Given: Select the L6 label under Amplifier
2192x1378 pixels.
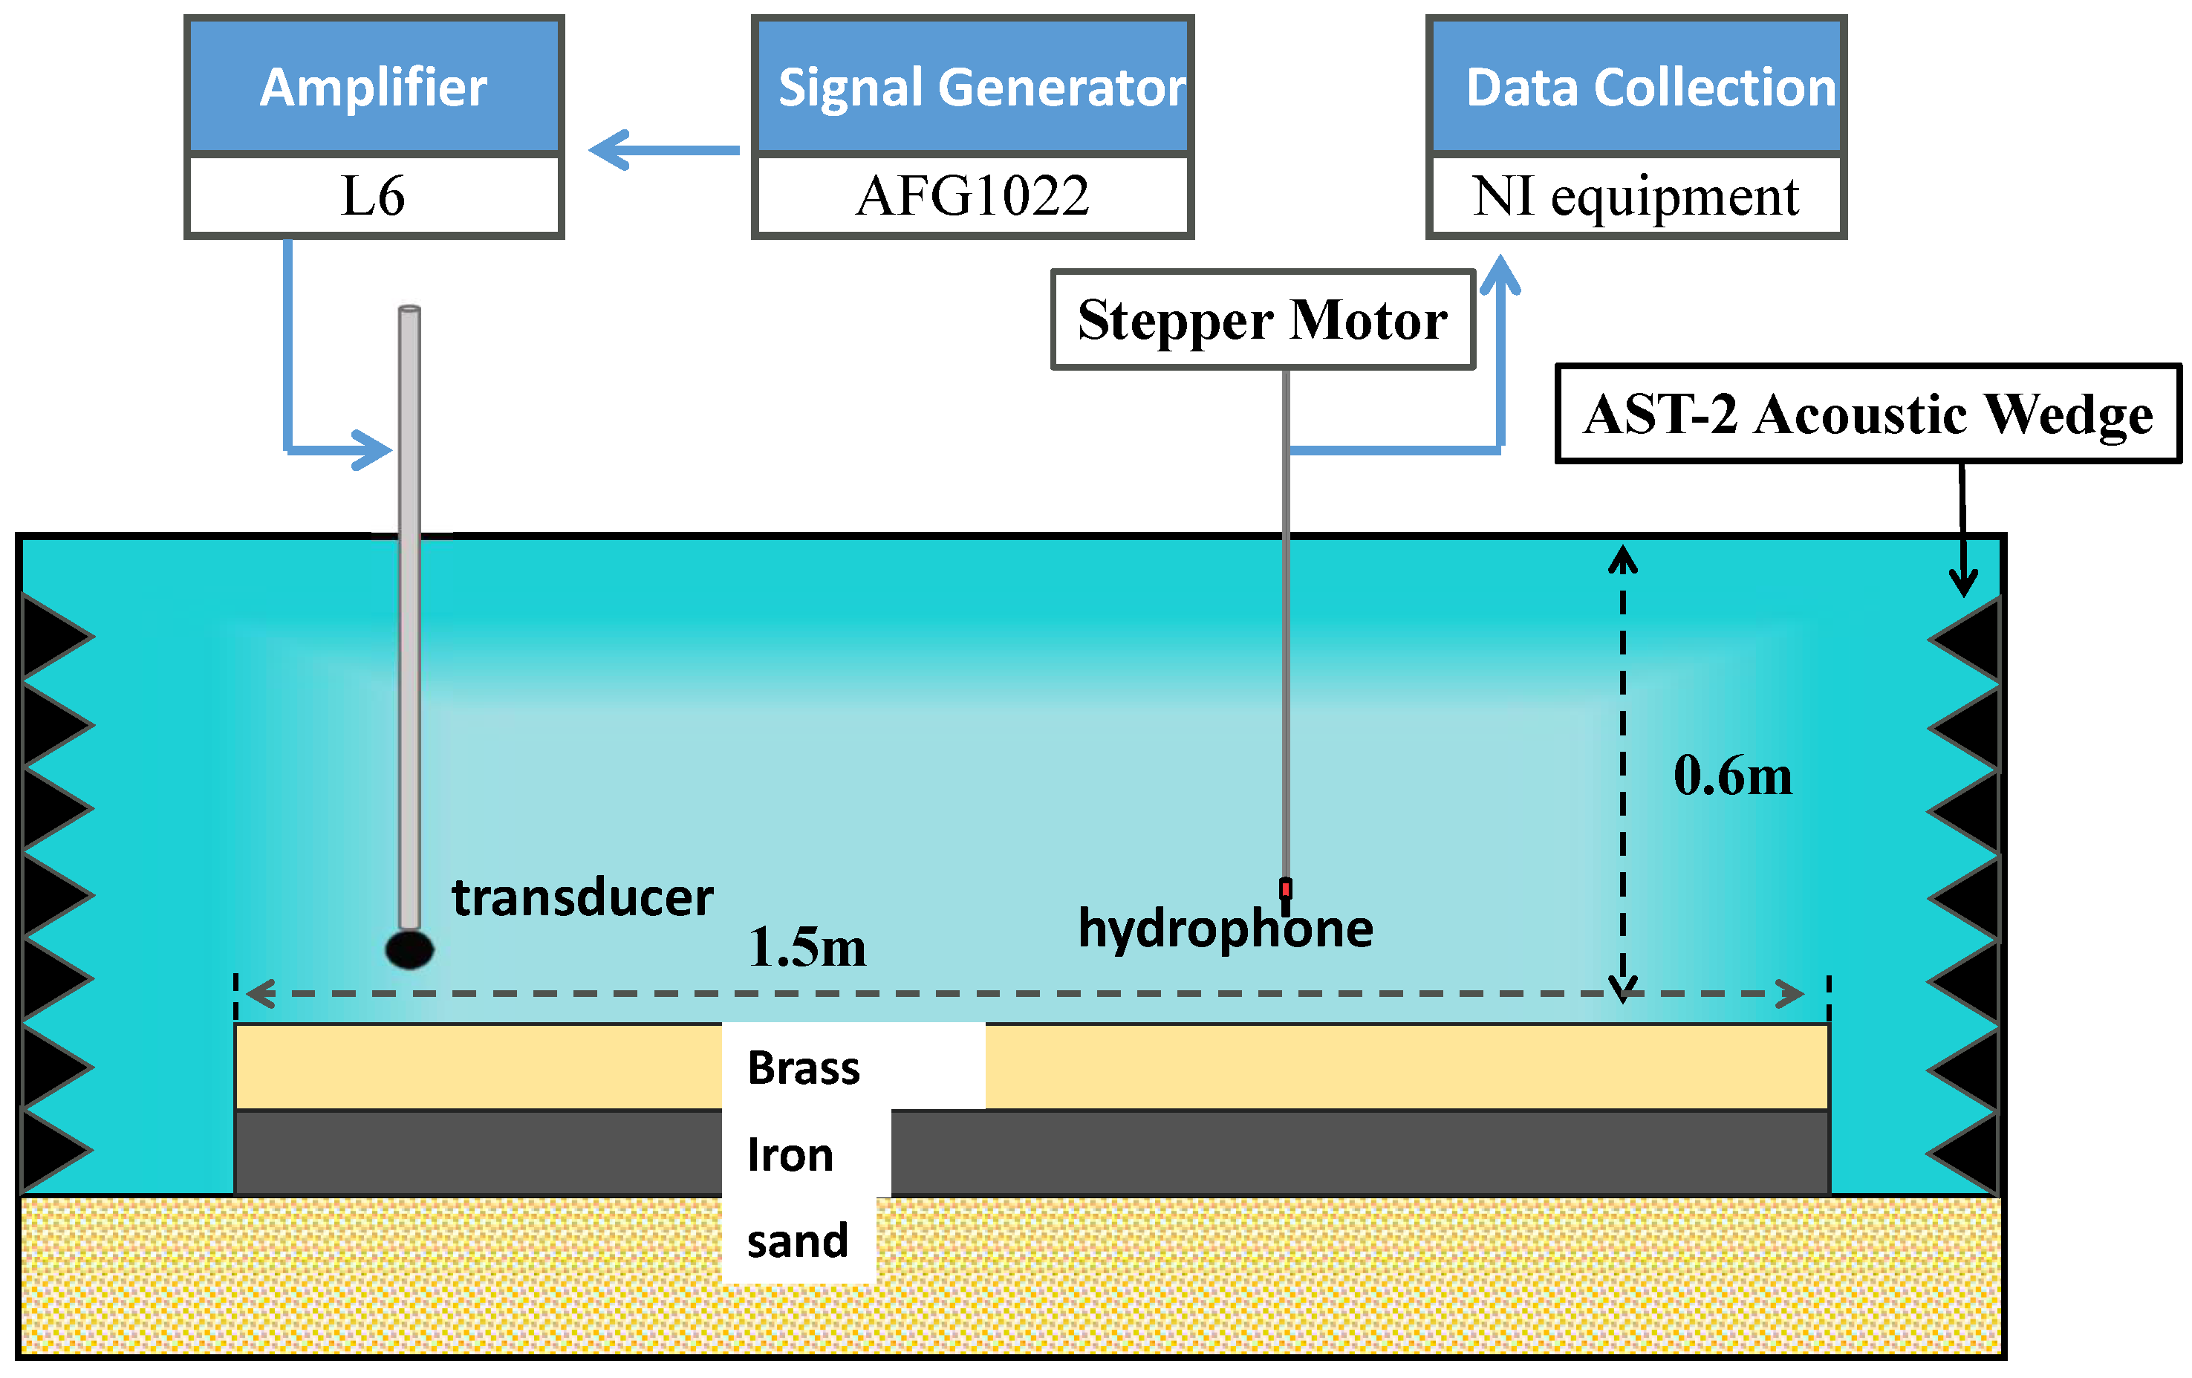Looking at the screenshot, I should pyautogui.click(x=373, y=195).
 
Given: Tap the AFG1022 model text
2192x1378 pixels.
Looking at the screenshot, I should pyautogui.click(x=972, y=195).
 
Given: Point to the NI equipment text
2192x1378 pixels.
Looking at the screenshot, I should pyautogui.click(x=1635, y=195).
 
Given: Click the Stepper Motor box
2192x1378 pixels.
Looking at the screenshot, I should pyautogui.click(x=1262, y=319).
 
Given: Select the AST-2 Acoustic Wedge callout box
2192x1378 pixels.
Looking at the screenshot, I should pyautogui.click(x=1868, y=414).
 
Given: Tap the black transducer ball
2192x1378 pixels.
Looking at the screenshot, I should pyautogui.click(x=409, y=949).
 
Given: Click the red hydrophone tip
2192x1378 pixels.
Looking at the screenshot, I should pyautogui.click(x=1285, y=888).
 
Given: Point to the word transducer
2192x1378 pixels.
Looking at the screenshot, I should pyautogui.click(x=582, y=897).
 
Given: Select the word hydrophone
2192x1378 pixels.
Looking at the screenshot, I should pyautogui.click(x=1226, y=929).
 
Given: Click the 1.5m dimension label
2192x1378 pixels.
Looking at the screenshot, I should pyautogui.click(x=807, y=946).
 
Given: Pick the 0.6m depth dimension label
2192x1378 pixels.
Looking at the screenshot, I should pyautogui.click(x=1732, y=776).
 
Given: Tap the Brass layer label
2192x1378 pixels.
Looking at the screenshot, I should pyautogui.click(x=803, y=1067).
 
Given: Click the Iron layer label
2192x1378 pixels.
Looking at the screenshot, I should pyautogui.click(x=790, y=1155).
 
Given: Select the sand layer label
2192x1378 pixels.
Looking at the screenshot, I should pyautogui.click(x=798, y=1241).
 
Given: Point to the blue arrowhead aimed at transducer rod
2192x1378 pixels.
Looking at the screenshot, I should pyautogui.click(x=373, y=449).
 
